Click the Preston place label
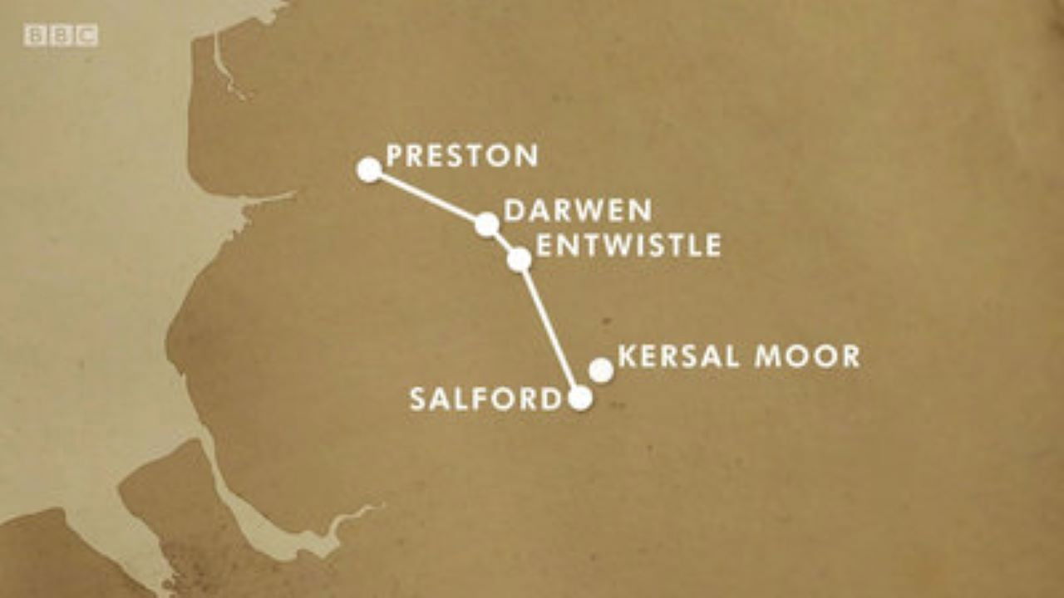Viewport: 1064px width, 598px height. [x=462, y=155]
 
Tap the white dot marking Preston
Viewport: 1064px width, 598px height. [x=369, y=169]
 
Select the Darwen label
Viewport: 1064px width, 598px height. [x=578, y=211]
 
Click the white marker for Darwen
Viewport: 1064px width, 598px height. [x=487, y=224]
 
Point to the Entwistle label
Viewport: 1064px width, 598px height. [x=628, y=245]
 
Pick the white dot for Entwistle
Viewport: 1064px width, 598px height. [x=519, y=260]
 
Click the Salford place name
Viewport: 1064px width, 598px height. [x=485, y=399]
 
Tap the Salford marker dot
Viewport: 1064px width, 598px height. [x=580, y=399]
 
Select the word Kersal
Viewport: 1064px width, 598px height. [x=679, y=356]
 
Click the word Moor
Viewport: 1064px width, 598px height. [x=806, y=356]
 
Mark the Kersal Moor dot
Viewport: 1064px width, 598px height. [x=601, y=370]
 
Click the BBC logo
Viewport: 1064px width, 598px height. [x=61, y=36]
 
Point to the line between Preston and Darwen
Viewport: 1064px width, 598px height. [x=428, y=197]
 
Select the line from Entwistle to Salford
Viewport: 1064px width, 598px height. [x=549, y=329]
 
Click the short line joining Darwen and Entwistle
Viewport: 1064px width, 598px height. [x=503, y=242]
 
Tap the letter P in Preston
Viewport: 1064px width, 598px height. [x=395, y=155]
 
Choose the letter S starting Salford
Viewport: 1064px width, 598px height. [x=417, y=399]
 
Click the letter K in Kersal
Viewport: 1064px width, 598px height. [x=627, y=356]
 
